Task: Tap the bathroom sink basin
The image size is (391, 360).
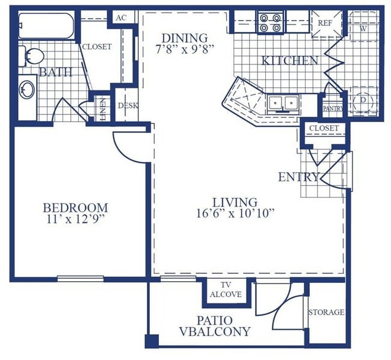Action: pos(27,89)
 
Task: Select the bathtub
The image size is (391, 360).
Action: pos(46,26)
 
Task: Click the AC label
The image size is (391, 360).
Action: pos(121,17)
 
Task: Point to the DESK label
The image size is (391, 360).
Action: pos(128,105)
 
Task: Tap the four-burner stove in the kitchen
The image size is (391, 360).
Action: pos(271,22)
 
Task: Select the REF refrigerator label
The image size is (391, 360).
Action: pos(325,23)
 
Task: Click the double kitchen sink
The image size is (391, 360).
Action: pos(283,104)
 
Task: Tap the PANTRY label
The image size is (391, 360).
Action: pos(333,108)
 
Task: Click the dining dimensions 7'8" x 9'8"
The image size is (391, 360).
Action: pos(184,49)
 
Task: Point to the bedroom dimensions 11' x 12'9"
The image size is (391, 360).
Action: pos(75,219)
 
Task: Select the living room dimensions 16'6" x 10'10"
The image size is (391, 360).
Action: pos(235,214)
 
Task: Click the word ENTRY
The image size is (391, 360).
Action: pos(299,177)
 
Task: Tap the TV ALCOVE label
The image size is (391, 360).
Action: pos(226,290)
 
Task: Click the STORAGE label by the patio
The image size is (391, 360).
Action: pos(327,312)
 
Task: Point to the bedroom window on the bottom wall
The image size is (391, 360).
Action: pos(80,278)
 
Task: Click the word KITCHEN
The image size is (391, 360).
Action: pos(290,61)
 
